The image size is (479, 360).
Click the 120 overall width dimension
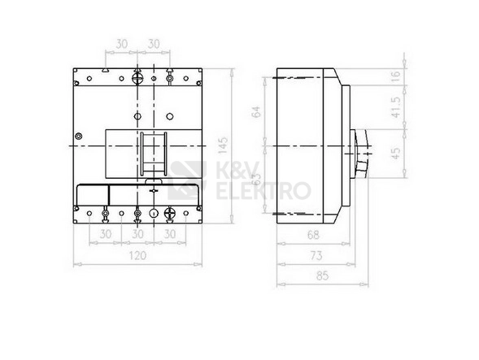(137, 255)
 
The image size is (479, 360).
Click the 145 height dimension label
(224, 145)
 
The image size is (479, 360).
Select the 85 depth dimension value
(322, 275)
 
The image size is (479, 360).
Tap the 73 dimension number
(316, 255)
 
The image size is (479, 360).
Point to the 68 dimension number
(313, 235)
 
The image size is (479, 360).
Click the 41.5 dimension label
(396, 107)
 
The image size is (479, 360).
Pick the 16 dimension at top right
(396, 75)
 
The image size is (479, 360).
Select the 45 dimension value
(396, 154)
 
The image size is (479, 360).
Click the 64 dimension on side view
(257, 111)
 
